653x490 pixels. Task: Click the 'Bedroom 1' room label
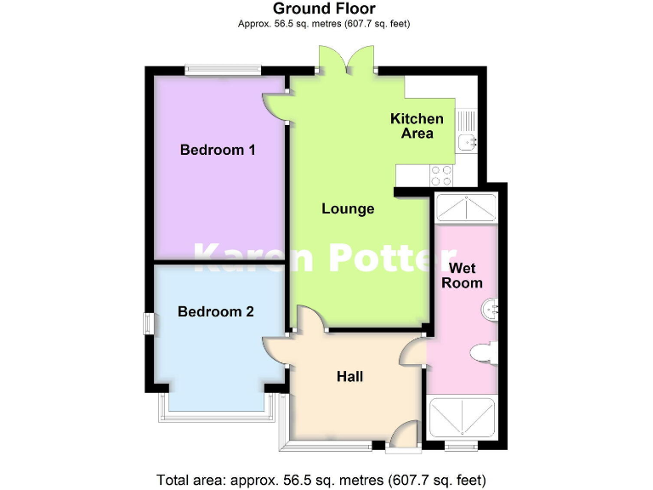click(x=218, y=150)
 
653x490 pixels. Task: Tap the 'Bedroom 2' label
click(x=215, y=311)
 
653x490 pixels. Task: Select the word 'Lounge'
click(x=348, y=208)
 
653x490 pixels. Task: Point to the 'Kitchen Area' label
click(x=417, y=126)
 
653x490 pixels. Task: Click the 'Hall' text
click(x=349, y=376)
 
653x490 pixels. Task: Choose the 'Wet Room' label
click(x=463, y=275)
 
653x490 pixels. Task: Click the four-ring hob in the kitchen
click(x=442, y=174)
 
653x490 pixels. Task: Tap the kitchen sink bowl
click(x=466, y=141)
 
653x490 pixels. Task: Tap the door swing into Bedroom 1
click(x=275, y=105)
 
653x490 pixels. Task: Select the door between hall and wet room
click(x=414, y=350)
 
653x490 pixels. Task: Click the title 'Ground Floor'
click(x=324, y=9)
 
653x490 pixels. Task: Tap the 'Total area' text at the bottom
click(x=321, y=478)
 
